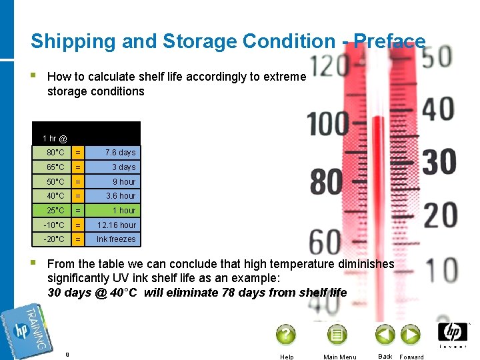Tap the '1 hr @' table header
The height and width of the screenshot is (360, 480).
(x=55, y=139)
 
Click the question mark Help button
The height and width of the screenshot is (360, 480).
(x=285, y=334)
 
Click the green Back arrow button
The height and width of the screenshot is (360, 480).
(x=385, y=334)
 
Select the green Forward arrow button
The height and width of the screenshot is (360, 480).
(x=409, y=334)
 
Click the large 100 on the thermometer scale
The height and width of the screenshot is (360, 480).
(x=329, y=125)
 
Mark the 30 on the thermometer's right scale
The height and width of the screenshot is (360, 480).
(x=438, y=161)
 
